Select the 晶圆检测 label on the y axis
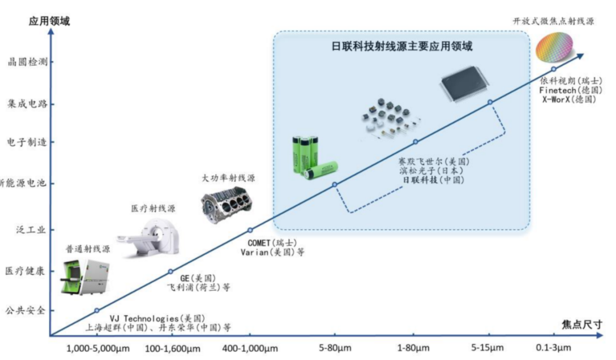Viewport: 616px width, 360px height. (x=27, y=62)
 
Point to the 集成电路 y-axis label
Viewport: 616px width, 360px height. (x=27, y=104)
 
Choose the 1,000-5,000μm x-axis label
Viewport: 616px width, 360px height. (x=95, y=348)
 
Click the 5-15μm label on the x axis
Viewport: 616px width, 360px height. (x=488, y=348)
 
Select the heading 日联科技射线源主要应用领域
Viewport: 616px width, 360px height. (x=402, y=46)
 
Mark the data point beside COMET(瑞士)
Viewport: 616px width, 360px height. (x=250, y=230)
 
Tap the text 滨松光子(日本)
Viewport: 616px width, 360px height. (x=431, y=171)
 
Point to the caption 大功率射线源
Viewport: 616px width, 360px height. (x=229, y=178)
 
